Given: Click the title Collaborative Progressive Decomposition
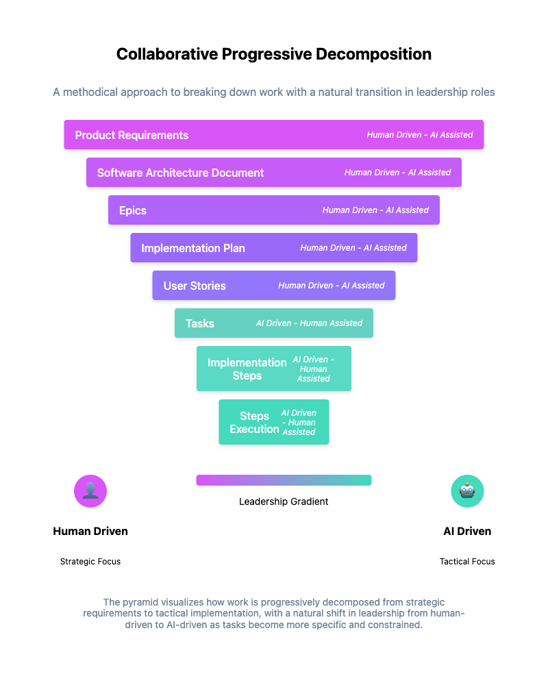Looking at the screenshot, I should point(274,55).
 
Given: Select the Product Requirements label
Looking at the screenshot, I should point(132,135).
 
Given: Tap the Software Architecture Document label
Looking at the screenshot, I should point(180,173).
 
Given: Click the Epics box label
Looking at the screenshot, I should point(133,210).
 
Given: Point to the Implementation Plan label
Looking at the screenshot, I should point(193,248).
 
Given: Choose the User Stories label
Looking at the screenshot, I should point(195,286).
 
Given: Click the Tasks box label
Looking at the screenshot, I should point(200,323).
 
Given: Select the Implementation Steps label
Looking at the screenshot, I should point(247,369).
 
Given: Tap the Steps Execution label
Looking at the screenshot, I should point(254,422).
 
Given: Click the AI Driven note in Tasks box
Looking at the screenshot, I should point(309,323).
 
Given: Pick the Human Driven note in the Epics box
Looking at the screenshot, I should point(375,210).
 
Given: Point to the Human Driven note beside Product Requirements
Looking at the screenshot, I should point(420,135).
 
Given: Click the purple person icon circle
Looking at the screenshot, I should point(90,491).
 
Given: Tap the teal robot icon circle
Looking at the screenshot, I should point(467,491).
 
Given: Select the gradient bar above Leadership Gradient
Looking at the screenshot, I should point(284,480).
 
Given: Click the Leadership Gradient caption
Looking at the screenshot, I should point(284,501).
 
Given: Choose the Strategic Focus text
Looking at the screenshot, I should point(90,562).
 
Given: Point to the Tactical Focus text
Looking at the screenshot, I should point(467,562).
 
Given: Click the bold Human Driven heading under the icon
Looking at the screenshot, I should point(90,531).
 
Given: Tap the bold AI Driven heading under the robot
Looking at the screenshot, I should point(467,531).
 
